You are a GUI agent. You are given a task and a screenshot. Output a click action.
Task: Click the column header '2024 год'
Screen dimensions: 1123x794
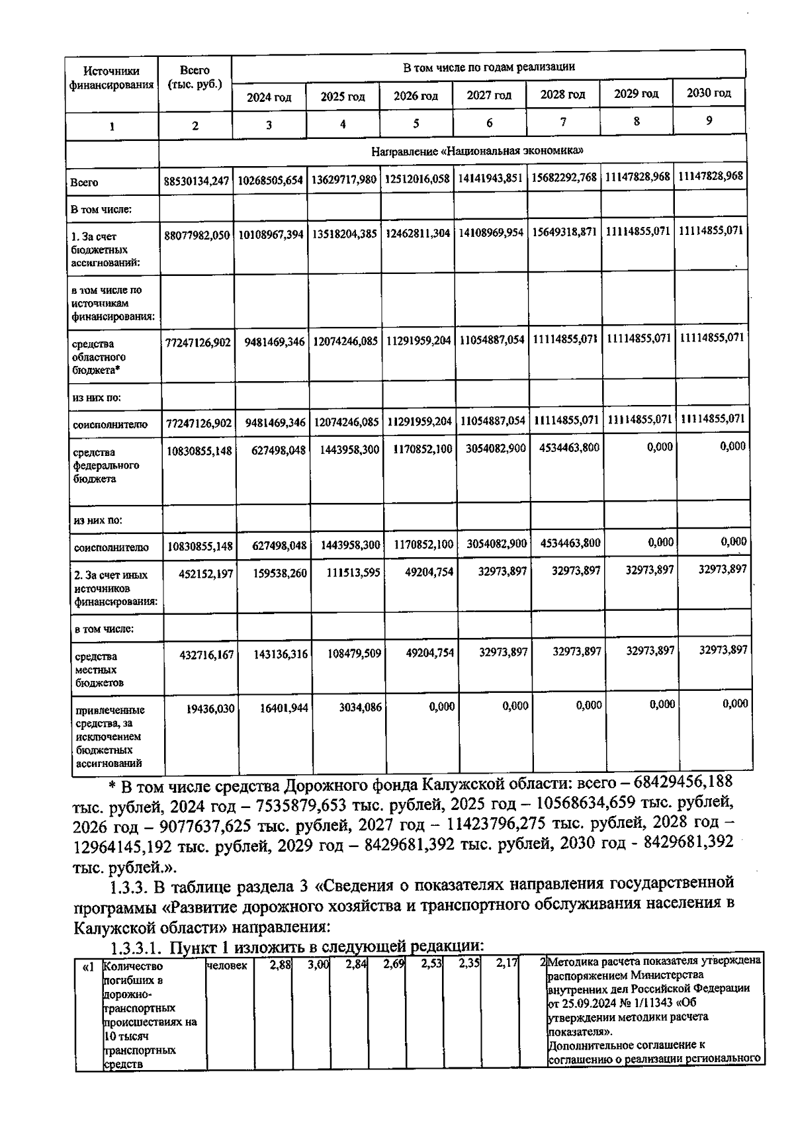tap(269, 97)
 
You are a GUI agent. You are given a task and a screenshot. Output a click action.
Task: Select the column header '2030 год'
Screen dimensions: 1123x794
tap(709, 93)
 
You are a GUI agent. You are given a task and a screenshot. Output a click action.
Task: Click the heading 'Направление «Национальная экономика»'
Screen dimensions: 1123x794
tap(477, 151)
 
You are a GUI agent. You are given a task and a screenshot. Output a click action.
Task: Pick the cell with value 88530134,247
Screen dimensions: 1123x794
tap(197, 180)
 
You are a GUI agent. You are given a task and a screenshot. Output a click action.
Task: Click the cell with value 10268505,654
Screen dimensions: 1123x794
tap(271, 180)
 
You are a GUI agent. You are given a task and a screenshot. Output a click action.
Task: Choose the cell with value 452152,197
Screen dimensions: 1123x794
tap(206, 574)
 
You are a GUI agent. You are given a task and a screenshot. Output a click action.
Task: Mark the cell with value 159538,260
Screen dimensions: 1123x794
tap(280, 573)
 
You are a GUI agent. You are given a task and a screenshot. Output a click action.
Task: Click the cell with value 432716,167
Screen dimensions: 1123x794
tap(206, 654)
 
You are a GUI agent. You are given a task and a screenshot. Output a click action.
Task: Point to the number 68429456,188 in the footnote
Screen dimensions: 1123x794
tap(683, 782)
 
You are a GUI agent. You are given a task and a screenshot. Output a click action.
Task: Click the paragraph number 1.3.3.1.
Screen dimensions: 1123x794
tap(136, 948)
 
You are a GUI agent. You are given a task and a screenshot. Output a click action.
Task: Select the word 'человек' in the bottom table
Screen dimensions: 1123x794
tap(227, 966)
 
